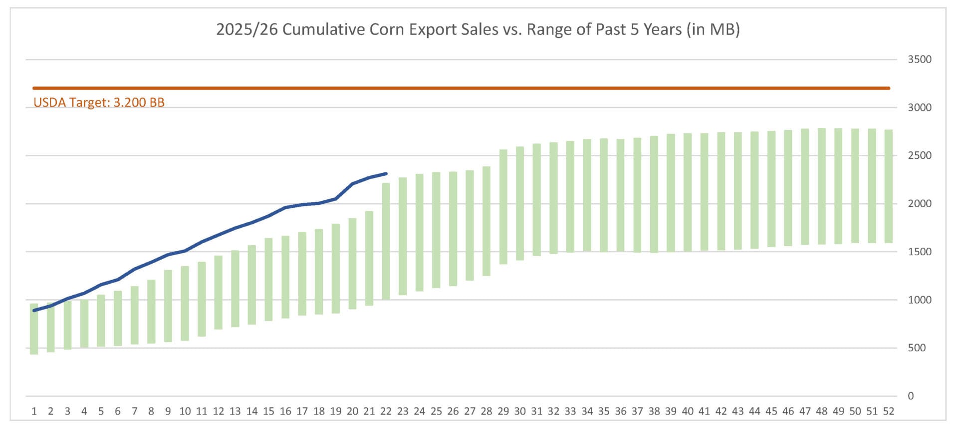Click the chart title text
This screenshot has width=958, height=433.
pos(478,29)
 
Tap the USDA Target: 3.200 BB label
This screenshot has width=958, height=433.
pos(99,102)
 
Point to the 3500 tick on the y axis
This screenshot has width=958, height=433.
pos(919,59)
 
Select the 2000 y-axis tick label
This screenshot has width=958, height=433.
pos(919,203)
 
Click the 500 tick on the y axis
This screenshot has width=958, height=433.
pos(917,348)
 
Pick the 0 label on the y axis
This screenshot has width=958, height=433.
pos(911,396)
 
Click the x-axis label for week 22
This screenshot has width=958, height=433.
pos(386,411)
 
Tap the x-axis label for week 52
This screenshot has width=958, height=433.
pos(888,411)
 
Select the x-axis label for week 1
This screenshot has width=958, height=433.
pos(34,411)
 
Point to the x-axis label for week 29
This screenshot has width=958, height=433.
pos(503,411)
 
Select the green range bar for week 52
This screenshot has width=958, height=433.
pos(888,186)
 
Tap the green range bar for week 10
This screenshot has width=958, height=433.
pos(185,303)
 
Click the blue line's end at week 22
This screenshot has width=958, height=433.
pos(386,174)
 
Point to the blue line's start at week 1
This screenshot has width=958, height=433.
pos(34,311)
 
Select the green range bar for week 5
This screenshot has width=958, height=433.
pos(101,321)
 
